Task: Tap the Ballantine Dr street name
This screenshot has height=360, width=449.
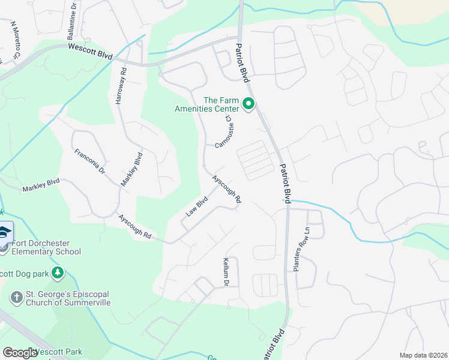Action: coord(72,20)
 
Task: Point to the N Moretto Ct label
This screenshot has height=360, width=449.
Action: coord(16,43)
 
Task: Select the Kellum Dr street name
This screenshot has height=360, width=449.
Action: coord(227,271)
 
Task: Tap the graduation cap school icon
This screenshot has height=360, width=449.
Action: coord(5,232)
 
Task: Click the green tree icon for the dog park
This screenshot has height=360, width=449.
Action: coord(57,274)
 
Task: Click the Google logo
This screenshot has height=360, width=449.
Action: coord(19,353)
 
